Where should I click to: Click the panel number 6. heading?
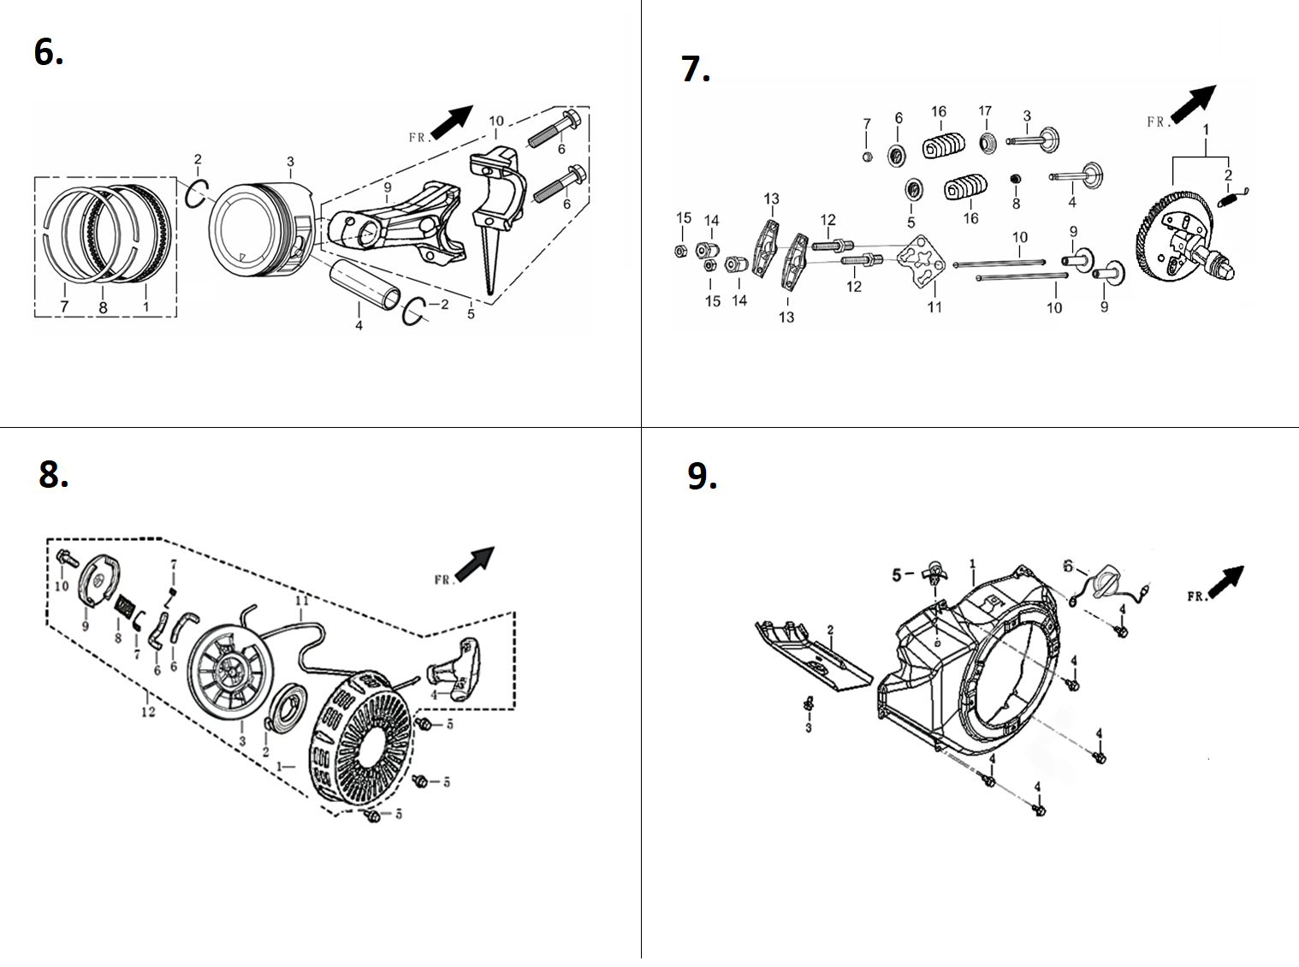coord(49,51)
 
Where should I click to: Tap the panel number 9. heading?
coord(703,476)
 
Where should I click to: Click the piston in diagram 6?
coord(260,229)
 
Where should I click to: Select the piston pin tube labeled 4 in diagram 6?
coord(365,285)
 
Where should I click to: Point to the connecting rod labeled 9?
coord(397,222)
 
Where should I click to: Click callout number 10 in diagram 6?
coord(496,121)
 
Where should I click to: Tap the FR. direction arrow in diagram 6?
coord(452,122)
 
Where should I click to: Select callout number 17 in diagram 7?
coord(985,110)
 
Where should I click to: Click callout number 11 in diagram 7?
coord(934,307)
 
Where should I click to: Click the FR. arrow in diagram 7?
coord(1193,104)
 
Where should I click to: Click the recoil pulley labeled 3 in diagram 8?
coord(231,672)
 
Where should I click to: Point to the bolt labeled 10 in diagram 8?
coord(67,558)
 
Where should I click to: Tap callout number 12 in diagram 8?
coord(148,712)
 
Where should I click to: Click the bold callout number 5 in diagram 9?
coord(897,575)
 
